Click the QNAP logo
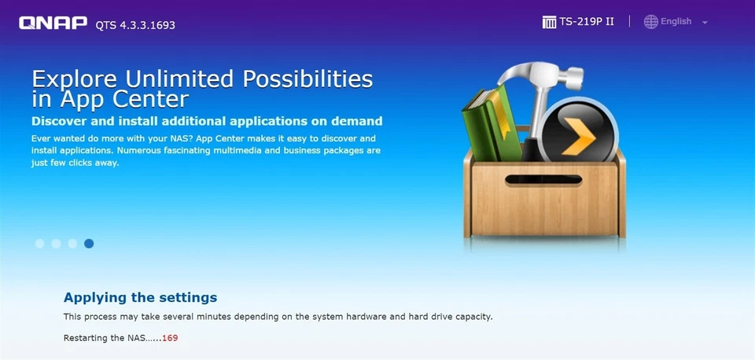click(53, 23)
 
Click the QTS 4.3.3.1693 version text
click(135, 25)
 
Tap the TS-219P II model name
click(587, 22)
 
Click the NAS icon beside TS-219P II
click(549, 22)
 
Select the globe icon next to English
click(651, 22)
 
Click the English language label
click(676, 21)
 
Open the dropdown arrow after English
click(705, 23)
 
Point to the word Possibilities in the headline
click(308, 79)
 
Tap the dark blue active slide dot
click(89, 244)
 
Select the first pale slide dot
click(39, 244)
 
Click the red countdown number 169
click(170, 338)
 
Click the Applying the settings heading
click(140, 297)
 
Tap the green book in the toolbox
click(491, 124)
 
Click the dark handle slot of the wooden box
click(543, 180)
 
